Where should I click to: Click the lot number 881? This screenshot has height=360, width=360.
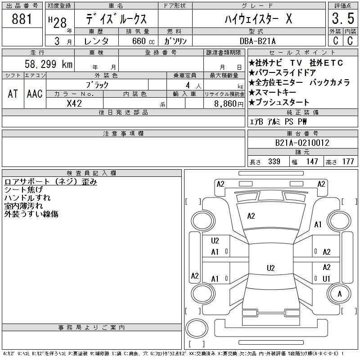22,19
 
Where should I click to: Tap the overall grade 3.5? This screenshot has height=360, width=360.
343,18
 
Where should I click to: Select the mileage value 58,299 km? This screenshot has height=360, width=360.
49,64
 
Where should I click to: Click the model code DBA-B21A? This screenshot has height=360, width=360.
257,41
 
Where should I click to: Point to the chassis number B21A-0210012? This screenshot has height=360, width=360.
302,143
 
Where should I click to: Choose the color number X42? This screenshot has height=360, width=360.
74,103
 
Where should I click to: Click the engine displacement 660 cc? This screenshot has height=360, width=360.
143,41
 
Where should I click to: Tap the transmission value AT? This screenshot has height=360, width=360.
13,94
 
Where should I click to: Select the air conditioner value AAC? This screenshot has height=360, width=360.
35,94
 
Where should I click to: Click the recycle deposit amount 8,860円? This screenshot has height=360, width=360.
229,104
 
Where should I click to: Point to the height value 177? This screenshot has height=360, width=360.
348,162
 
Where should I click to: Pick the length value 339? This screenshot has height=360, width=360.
274,162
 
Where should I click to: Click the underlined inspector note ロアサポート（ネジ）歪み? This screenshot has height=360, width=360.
51,182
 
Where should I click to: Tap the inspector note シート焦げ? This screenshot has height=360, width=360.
24,189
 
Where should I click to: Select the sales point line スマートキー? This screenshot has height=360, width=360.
273,92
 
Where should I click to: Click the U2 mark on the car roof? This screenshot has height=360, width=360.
271,268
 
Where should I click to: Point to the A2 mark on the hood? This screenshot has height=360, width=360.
251,216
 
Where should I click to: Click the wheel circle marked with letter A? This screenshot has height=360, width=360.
339,294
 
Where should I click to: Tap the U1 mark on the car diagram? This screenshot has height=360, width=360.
326,279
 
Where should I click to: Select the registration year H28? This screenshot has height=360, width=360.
58,22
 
